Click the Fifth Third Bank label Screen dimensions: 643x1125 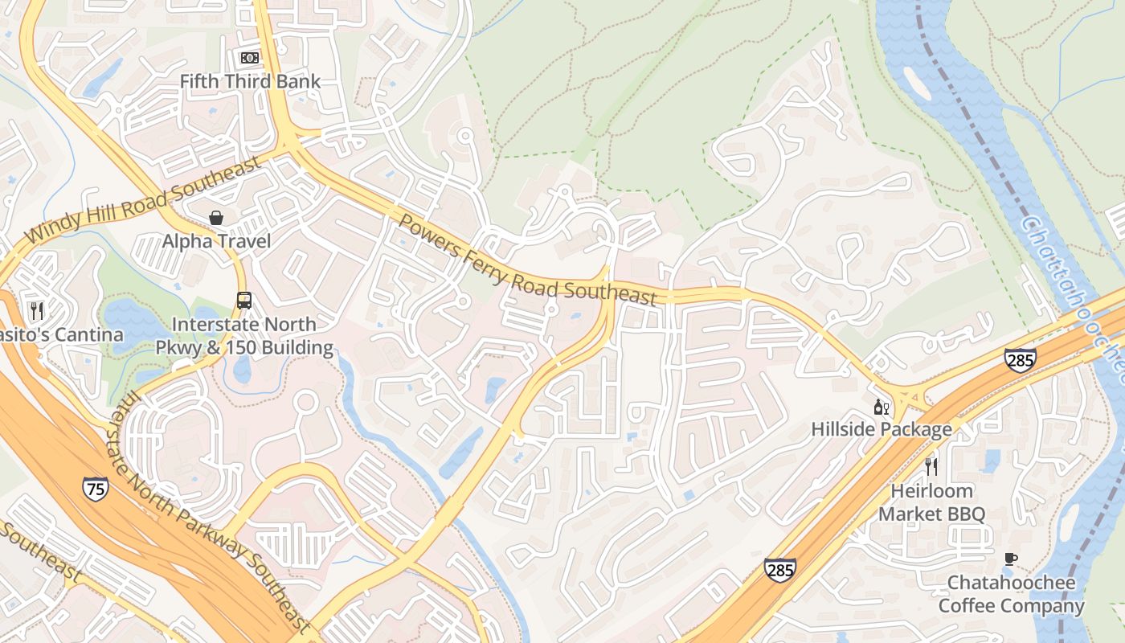coord(250,81)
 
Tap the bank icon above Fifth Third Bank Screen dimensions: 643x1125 coord(250,58)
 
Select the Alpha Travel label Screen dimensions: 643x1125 coord(216,241)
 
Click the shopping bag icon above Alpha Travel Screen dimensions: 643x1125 coord(216,218)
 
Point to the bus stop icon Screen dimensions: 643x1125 coord(244,301)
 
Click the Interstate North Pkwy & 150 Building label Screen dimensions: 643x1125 coord(245,336)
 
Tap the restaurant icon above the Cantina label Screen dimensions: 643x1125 coord(36,310)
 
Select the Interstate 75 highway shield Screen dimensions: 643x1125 coord(95,489)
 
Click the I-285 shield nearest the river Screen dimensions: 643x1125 coord(1020,360)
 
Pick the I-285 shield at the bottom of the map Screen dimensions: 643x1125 coord(779,570)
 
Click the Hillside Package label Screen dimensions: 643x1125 coord(882,429)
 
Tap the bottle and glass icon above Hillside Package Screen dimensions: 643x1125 coord(882,407)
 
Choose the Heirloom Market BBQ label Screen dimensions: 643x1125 coord(931,502)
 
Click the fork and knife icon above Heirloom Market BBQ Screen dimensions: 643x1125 coord(931,466)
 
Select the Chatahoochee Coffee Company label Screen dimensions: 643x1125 coord(1011,594)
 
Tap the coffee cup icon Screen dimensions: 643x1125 coord(1011,559)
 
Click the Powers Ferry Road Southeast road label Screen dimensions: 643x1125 coord(528,260)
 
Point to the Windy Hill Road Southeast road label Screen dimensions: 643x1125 coord(144,201)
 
